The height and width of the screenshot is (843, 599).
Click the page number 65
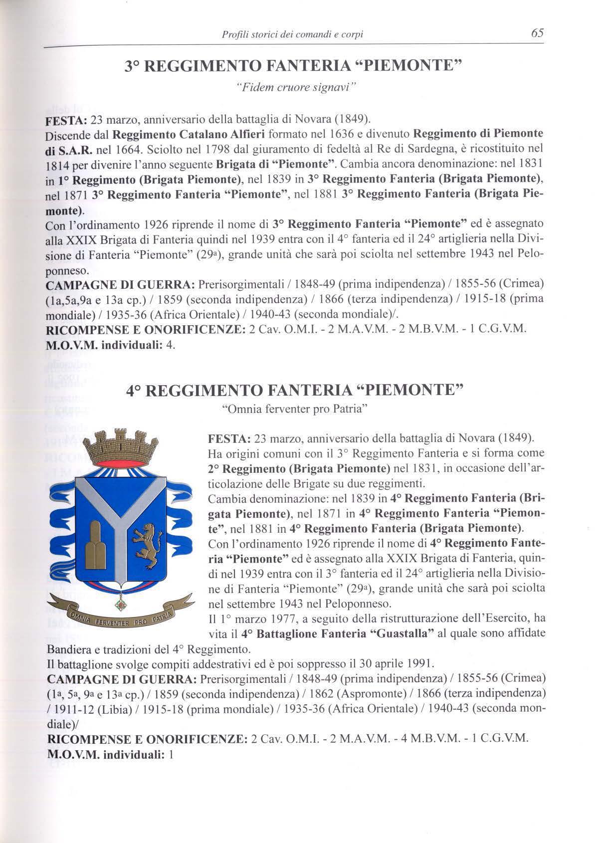click(537, 33)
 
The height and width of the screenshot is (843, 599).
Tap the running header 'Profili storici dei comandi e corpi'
click(292, 34)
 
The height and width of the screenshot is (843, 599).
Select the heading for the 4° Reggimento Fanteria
click(295, 390)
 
